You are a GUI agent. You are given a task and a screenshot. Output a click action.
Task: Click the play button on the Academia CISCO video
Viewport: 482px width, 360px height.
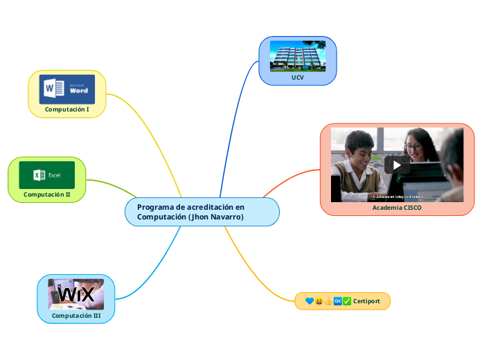pyautogui.click(x=397, y=165)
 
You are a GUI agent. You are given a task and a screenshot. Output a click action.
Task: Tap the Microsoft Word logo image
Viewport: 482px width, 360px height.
pyautogui.click(x=66, y=89)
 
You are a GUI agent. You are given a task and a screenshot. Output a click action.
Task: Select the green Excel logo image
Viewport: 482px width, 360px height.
pyautogui.click(x=47, y=175)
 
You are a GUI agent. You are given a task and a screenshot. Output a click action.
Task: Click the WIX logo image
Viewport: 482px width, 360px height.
pyautogui.click(x=75, y=294)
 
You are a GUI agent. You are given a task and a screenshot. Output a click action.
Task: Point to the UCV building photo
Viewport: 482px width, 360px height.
pyautogui.click(x=297, y=56)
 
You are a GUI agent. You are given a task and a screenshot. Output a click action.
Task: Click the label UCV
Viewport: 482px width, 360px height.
pyautogui.click(x=297, y=78)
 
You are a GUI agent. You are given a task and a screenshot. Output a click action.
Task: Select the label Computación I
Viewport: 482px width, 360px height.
pyautogui.click(x=67, y=109)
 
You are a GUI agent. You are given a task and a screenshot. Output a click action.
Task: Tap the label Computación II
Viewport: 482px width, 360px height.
pyautogui.click(x=47, y=195)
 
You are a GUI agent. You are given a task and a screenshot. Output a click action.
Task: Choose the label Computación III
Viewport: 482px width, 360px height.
pyautogui.click(x=76, y=316)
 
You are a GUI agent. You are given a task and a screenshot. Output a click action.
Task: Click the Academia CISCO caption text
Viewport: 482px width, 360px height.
pyautogui.click(x=397, y=208)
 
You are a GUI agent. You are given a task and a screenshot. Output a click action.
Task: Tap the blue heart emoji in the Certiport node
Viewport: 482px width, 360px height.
pyautogui.click(x=309, y=301)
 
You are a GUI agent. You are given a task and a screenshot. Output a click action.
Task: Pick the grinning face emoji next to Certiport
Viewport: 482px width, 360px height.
pyautogui.click(x=319, y=301)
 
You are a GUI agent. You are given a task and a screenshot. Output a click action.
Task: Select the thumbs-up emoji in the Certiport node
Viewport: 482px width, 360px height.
pyautogui.click(x=328, y=301)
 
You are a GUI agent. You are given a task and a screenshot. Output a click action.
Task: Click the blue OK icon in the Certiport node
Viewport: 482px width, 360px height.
pyautogui.click(x=337, y=301)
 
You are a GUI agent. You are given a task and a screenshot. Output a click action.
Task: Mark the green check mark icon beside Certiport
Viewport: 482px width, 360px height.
pyautogui.click(x=347, y=301)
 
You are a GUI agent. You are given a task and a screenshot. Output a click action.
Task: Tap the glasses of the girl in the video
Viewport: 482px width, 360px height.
pyautogui.click(x=413, y=147)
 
